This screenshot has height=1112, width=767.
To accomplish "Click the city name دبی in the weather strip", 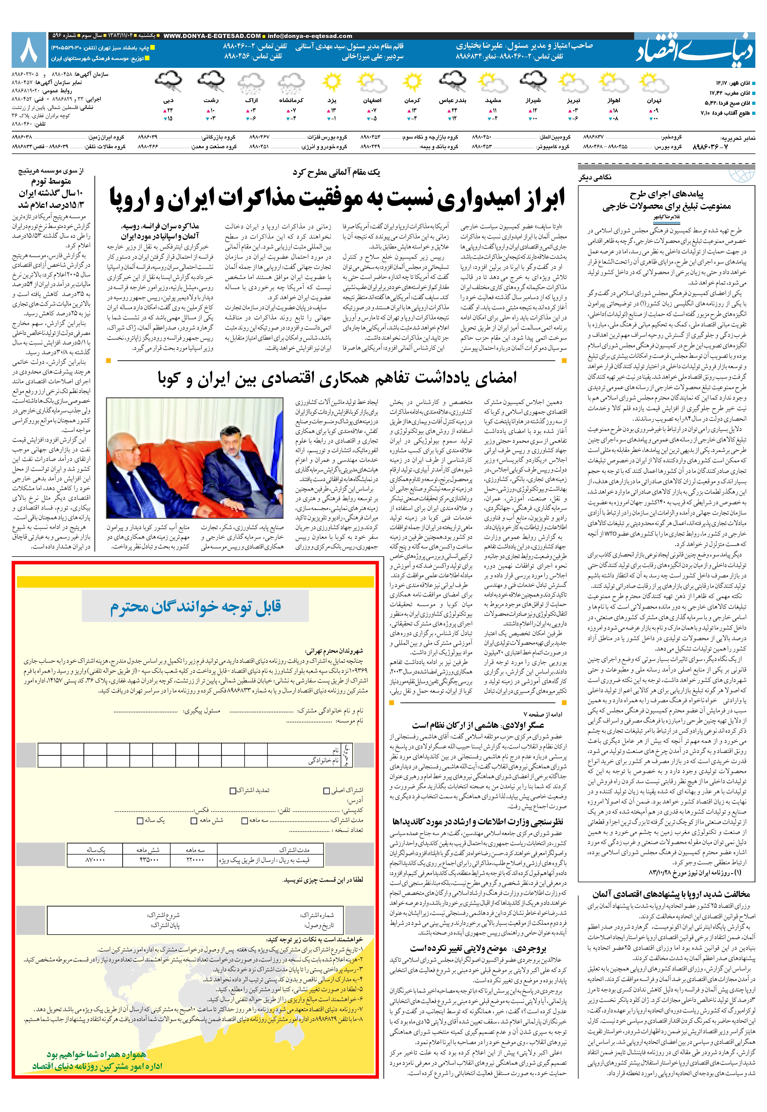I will pyautogui.click(x=168, y=101).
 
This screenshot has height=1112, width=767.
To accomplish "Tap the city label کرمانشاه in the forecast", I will pyautogui.click(x=291, y=101).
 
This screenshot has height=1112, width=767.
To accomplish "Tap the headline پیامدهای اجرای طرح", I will pyautogui.click(x=667, y=195).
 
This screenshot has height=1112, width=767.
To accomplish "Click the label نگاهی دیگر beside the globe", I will pyautogui.click(x=595, y=177).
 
